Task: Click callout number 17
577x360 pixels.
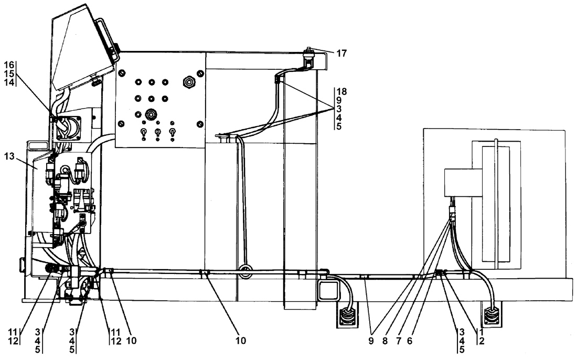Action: coord(341,54)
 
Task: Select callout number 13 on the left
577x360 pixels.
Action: coord(9,156)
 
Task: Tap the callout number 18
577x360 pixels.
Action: coord(341,91)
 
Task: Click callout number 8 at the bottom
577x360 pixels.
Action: coord(385,341)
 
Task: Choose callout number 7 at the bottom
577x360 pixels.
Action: coord(399,341)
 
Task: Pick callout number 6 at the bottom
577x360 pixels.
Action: coord(410,341)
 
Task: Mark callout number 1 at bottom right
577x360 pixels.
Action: coord(482,332)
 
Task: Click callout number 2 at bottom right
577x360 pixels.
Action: coord(482,341)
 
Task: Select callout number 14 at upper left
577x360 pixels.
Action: coord(9,82)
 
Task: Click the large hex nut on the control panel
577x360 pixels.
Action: coord(189,81)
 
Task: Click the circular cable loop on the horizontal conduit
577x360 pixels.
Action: coord(245,272)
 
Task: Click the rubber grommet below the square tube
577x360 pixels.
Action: coord(347,315)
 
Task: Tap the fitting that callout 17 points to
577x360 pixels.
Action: coord(307,58)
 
